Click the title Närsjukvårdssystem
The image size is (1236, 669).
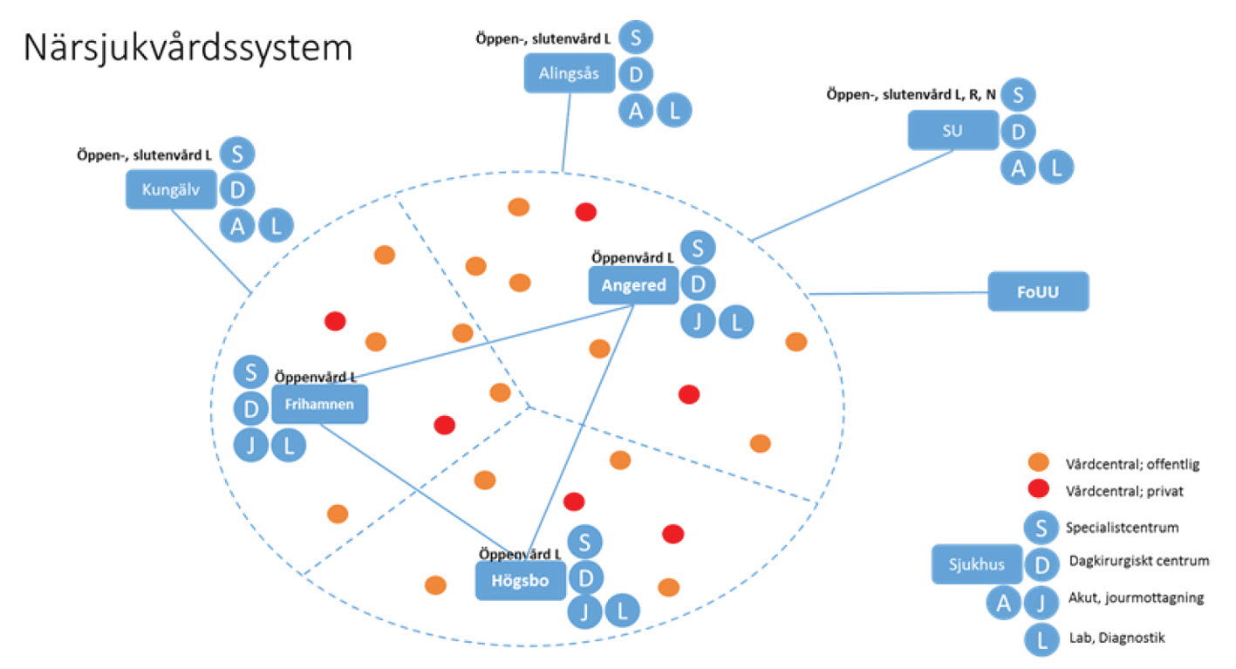[188, 49]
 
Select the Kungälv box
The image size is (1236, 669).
[171, 189]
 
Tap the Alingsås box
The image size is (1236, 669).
[570, 73]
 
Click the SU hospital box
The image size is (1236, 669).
[953, 131]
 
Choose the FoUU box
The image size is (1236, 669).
[1038, 291]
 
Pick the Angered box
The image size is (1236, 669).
[633, 285]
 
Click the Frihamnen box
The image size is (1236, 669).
[319, 405]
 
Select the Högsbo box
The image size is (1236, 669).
[521, 581]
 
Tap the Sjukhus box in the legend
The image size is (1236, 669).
[976, 563]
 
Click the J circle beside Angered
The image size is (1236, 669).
[698, 322]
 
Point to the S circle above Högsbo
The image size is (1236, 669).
[585, 543]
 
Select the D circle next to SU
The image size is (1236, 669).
[1017, 131]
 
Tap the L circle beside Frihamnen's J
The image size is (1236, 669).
[289, 446]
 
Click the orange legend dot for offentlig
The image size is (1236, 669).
[1038, 463]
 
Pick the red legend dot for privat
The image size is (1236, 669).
[1038, 489]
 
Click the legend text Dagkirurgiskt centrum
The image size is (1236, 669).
[1138, 561]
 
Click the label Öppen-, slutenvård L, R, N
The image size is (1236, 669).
[911, 93]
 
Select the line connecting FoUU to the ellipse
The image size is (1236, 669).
[898, 294]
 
